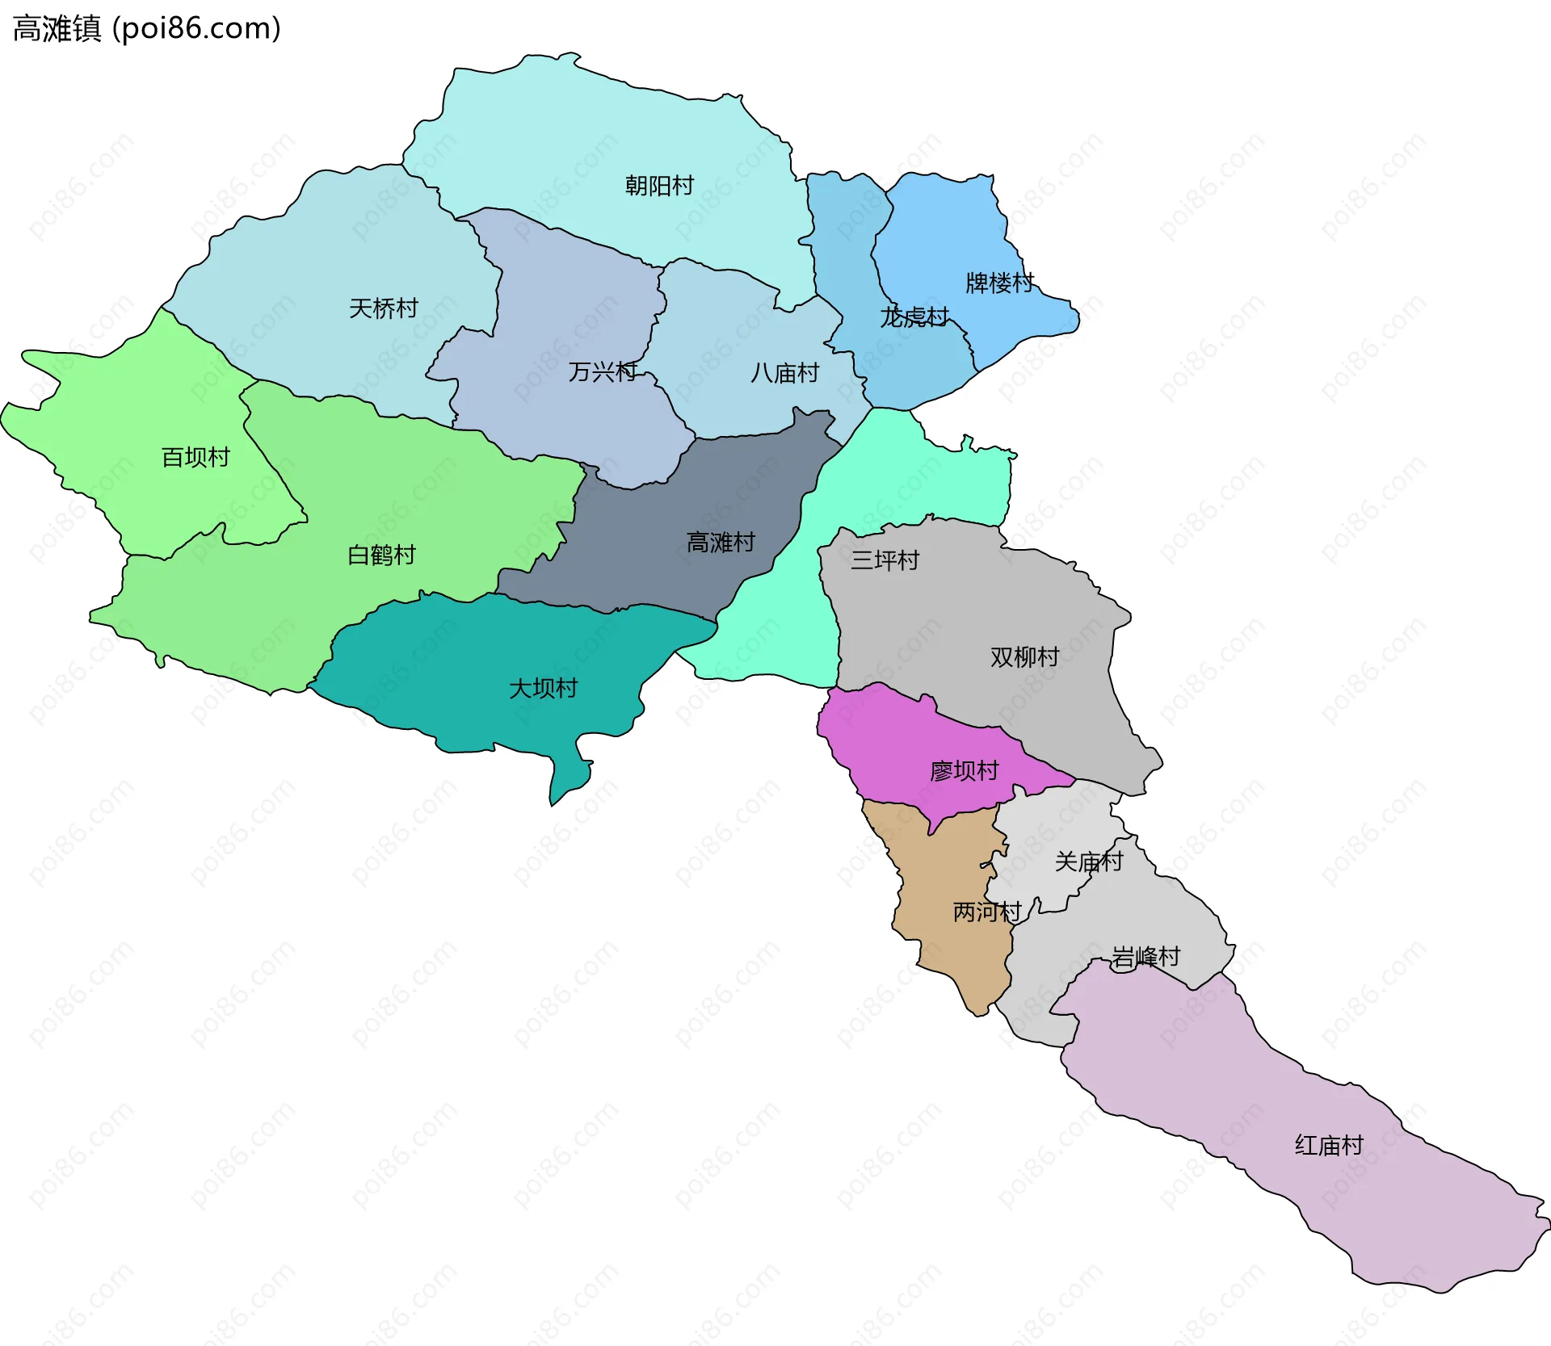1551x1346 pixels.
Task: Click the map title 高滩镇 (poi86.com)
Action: coord(147,29)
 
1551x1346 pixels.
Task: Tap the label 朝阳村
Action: coord(659,186)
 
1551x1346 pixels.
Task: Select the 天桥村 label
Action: coord(383,308)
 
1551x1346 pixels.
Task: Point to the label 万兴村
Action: coord(603,372)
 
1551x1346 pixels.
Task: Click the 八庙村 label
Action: coord(784,373)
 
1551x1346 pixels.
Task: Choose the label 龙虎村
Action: coord(914,317)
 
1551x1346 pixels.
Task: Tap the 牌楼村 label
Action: coord(1000,283)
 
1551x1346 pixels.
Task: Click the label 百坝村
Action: coord(195,458)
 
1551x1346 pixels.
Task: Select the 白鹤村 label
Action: coord(381,556)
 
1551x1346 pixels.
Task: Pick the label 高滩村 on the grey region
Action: coord(721,543)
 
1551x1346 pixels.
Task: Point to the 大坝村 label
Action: coord(543,689)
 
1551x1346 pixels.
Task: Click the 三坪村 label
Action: coord(885,560)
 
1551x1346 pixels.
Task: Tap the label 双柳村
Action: coord(1024,657)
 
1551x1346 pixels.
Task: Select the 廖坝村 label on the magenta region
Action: coord(964,771)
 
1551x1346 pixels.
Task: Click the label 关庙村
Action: coord(1088,862)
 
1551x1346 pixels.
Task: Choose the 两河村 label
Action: coord(987,912)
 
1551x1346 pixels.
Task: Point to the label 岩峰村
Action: coord(1145,958)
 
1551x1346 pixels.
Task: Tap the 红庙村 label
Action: coord(1329,1146)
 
